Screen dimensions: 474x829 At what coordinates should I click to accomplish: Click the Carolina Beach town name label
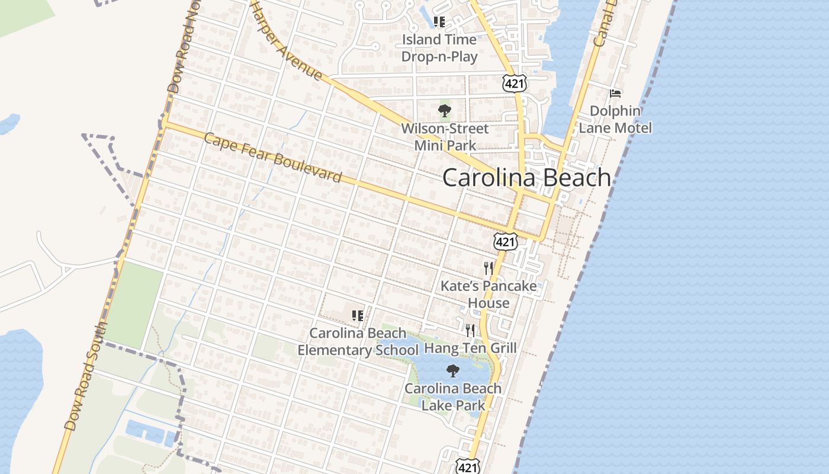(526, 178)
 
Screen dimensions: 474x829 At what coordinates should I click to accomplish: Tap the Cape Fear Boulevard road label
(272, 158)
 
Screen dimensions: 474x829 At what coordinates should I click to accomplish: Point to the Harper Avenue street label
(288, 43)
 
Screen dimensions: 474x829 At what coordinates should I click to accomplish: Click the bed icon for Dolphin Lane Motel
(615, 93)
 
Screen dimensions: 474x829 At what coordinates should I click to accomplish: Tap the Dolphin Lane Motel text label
(615, 120)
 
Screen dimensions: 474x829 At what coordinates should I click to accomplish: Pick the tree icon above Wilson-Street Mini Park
(444, 111)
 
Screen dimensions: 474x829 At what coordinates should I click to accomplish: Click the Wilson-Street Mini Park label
(445, 137)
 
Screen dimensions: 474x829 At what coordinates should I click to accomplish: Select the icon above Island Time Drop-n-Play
(439, 23)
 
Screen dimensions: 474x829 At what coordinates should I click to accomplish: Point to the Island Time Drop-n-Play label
(439, 48)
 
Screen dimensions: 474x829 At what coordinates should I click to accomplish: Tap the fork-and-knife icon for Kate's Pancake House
(489, 268)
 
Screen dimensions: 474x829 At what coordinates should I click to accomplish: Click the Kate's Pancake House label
(489, 294)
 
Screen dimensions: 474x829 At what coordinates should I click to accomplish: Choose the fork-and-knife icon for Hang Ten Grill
(470, 330)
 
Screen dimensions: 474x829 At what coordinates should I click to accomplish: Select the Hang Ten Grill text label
(471, 348)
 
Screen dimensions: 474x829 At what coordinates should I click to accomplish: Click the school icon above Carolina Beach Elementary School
(358, 316)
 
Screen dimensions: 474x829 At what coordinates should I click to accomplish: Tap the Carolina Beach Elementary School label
(358, 342)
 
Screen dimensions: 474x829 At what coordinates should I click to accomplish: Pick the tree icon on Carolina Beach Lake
(453, 371)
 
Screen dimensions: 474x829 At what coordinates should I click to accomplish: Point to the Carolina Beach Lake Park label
(453, 397)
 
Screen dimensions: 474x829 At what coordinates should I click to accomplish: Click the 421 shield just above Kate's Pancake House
(506, 241)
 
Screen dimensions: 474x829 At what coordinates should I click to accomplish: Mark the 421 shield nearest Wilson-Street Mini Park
(514, 84)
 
